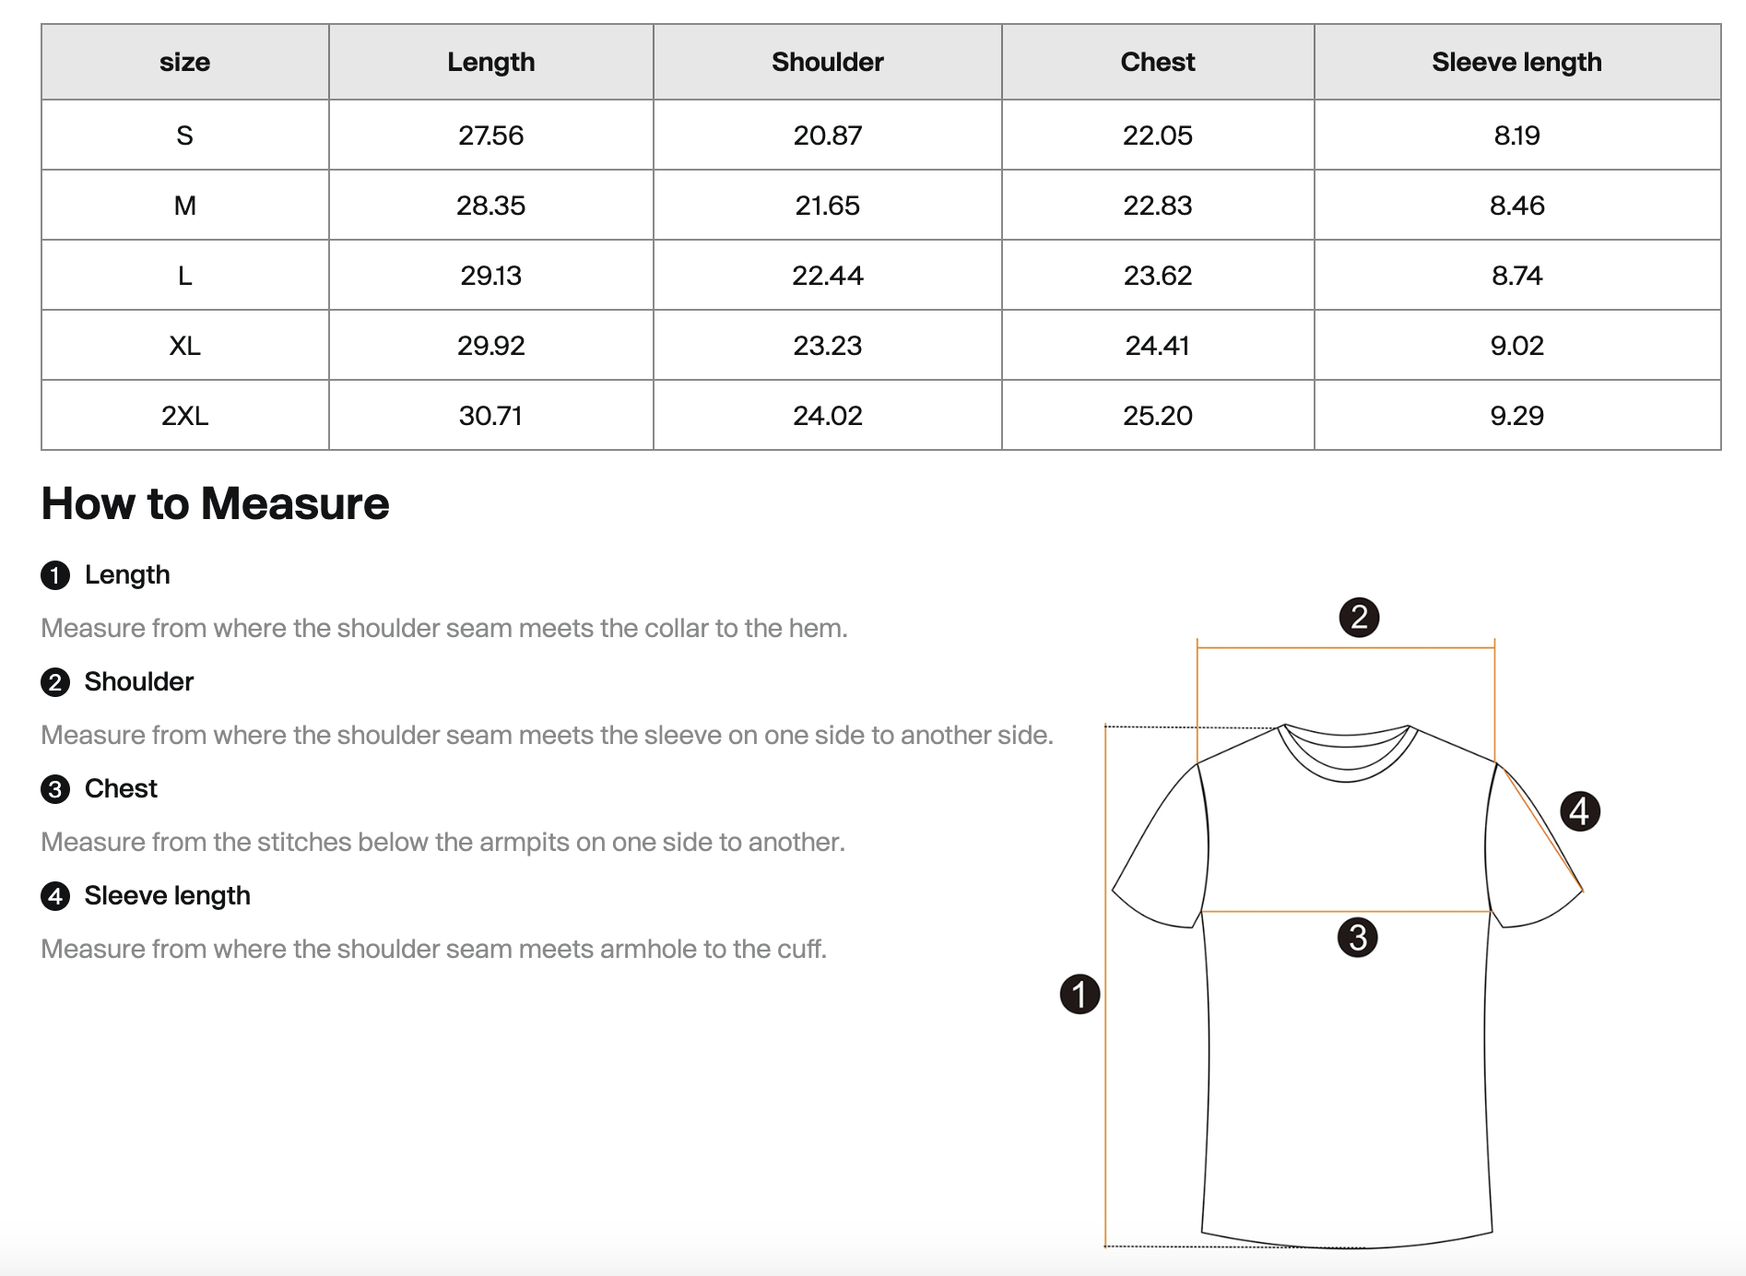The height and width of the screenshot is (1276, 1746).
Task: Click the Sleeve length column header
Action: click(x=1516, y=62)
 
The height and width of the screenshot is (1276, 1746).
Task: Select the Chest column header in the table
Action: click(x=1157, y=62)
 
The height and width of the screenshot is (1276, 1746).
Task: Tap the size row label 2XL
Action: click(x=184, y=416)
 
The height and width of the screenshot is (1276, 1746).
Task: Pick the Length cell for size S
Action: click(x=490, y=136)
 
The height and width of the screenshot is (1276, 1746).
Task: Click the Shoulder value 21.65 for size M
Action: click(x=827, y=206)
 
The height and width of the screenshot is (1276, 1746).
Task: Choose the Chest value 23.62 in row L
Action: click(x=1157, y=276)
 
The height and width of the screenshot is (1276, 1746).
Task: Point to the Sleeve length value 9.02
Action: click(x=1516, y=346)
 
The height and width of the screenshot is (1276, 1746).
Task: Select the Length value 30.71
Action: click(x=490, y=416)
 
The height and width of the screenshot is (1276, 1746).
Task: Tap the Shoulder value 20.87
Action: click(x=827, y=136)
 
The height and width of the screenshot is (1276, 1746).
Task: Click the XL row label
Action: click(x=184, y=346)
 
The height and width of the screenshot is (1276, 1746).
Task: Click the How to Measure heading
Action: click(x=215, y=503)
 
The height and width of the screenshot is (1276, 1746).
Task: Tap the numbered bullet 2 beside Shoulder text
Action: click(x=55, y=682)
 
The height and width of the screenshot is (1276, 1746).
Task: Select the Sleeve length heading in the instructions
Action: click(x=167, y=895)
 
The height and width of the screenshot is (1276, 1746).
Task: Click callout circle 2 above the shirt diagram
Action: click(x=1359, y=617)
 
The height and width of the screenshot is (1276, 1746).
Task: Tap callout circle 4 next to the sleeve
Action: click(x=1579, y=811)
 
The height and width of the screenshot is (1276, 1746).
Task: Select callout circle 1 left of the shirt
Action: click(x=1079, y=994)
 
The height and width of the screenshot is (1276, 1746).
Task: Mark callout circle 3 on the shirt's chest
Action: click(x=1357, y=938)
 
